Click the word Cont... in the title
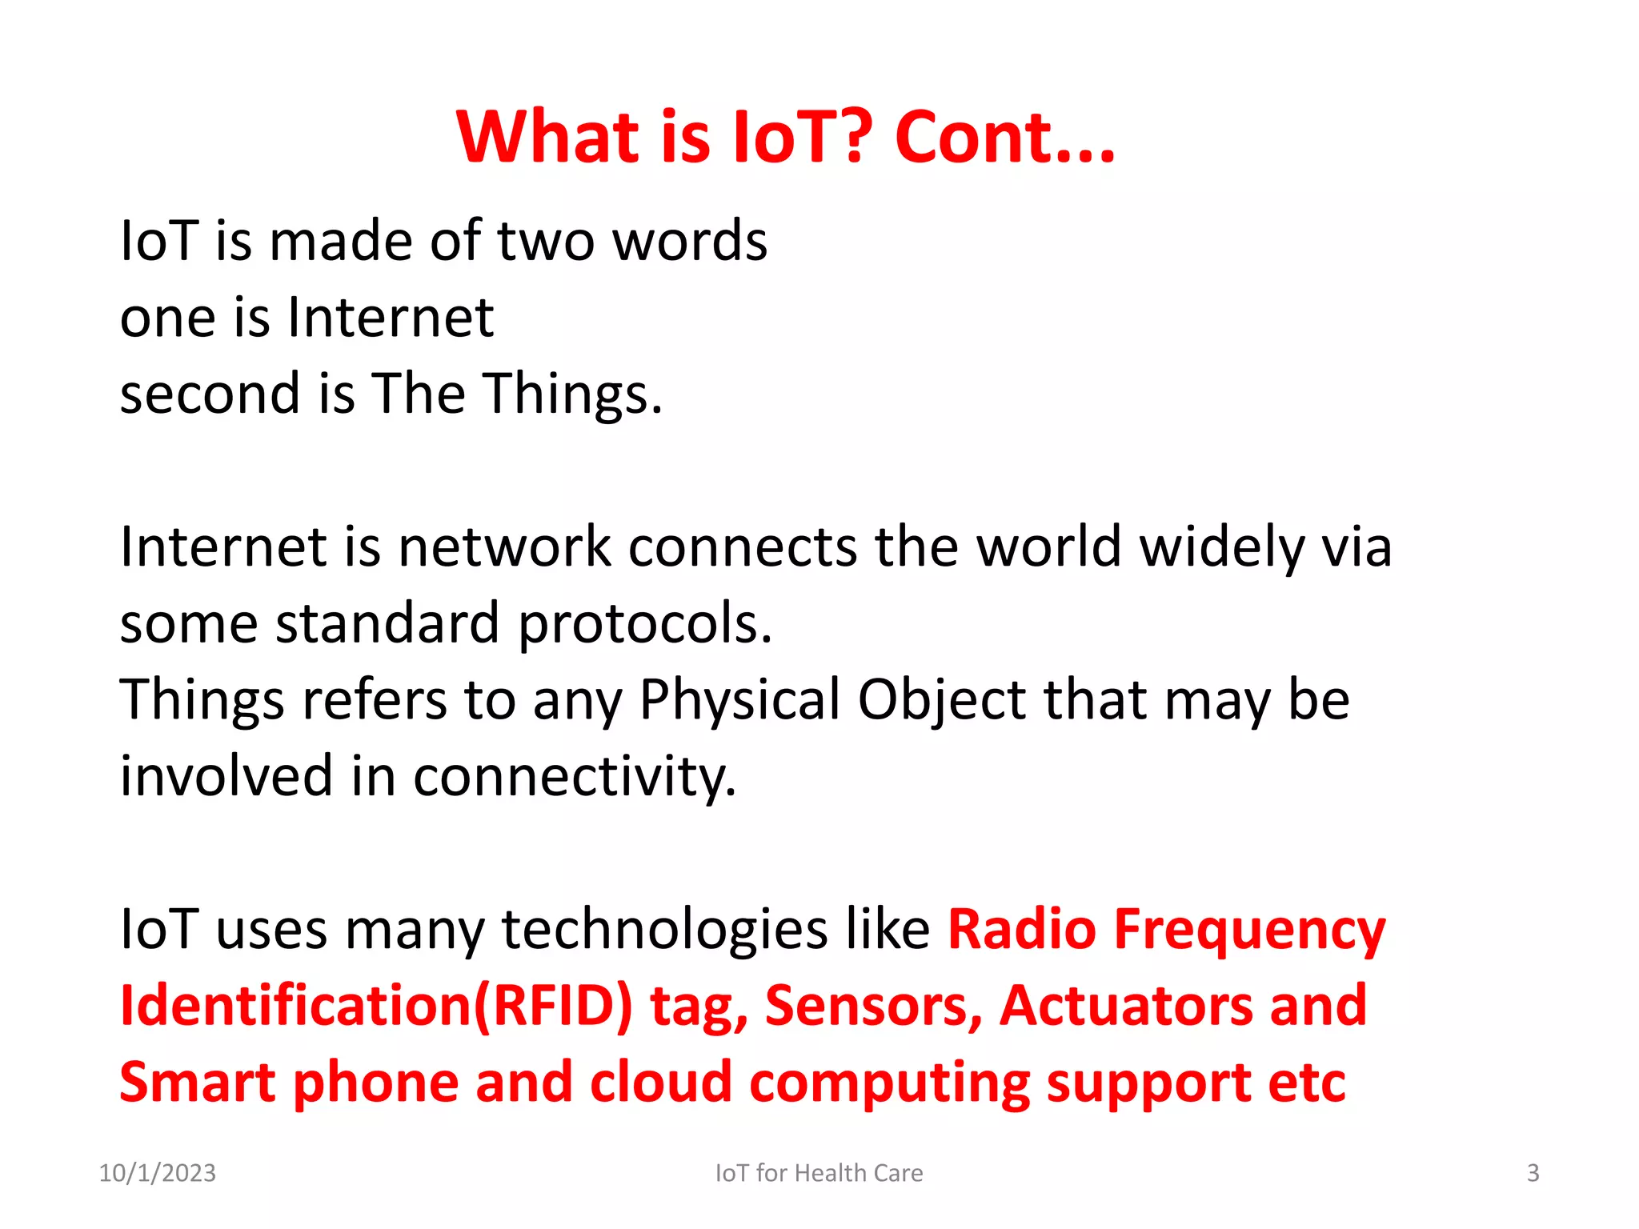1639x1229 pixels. [1004, 138]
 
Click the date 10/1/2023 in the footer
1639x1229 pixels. [157, 1173]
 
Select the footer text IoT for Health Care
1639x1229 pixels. [819, 1173]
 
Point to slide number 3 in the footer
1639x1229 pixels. [1533, 1173]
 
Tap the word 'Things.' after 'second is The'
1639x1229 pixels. [574, 394]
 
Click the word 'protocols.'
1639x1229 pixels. [645, 623]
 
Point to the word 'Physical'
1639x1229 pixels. [739, 700]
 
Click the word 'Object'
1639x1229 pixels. [941, 700]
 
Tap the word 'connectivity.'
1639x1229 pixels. [574, 777]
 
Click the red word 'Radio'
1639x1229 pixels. [1021, 930]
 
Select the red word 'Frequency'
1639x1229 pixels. [1249, 930]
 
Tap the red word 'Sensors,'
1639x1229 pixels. [873, 1007]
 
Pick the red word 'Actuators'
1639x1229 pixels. [1126, 1007]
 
